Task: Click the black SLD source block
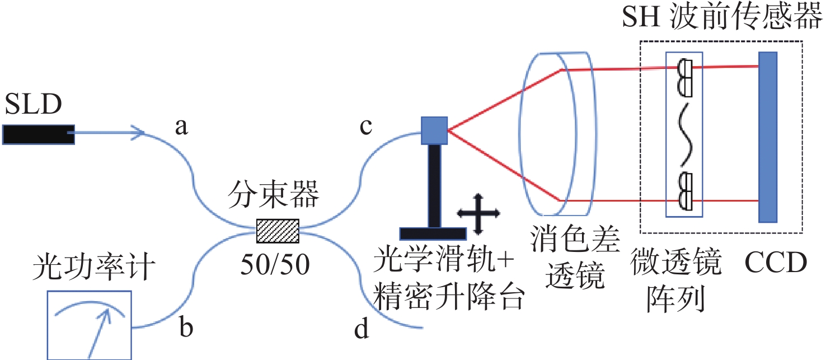click(x=39, y=134)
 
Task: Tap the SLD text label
click(x=33, y=104)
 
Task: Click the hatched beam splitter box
click(x=278, y=231)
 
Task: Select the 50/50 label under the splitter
click(x=275, y=264)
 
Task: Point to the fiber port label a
click(x=181, y=127)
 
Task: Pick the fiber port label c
click(x=366, y=127)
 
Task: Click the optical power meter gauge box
click(x=89, y=325)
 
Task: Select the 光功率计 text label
click(x=93, y=267)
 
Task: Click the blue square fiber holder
click(x=434, y=130)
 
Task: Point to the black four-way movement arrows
click(x=478, y=213)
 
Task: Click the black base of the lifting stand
click(x=433, y=234)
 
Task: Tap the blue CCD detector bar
click(x=768, y=137)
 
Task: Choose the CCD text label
click(x=776, y=263)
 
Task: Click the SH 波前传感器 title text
click(x=722, y=17)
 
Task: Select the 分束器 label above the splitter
click(x=273, y=194)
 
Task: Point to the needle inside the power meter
click(x=99, y=334)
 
